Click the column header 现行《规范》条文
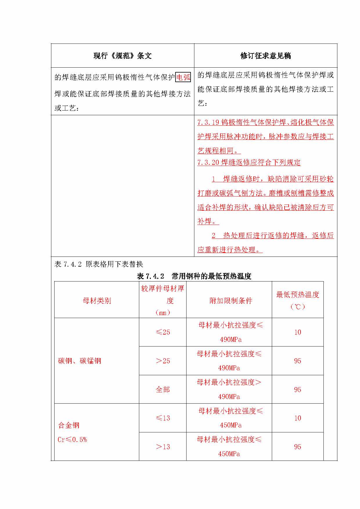[122, 56]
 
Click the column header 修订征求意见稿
[265, 56]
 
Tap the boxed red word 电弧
[183, 77]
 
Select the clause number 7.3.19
[208, 122]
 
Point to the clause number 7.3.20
[208, 163]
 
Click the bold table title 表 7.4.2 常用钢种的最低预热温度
[194, 276]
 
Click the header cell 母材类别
[97, 301]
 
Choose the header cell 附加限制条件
[231, 301]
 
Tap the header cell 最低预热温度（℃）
[298, 300]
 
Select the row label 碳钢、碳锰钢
[80, 361]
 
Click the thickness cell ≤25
[163, 332]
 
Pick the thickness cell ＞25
[163, 361]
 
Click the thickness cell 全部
[163, 389]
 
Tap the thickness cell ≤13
[163, 418]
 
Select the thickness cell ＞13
[163, 447]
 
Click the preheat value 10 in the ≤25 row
[298, 332]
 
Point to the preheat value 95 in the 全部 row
[298, 389]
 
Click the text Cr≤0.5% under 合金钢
[72, 440]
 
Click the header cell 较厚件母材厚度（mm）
[163, 300]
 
